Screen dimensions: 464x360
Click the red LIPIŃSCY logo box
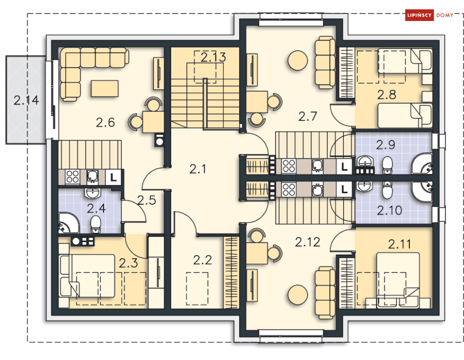[x=419, y=15]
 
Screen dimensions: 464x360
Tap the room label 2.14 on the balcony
[x=26, y=100]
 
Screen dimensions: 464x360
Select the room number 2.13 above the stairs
[x=213, y=57]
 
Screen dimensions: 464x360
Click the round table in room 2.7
[x=298, y=60]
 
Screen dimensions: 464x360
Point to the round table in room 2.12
[x=298, y=295]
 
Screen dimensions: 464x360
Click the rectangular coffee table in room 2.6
[x=105, y=89]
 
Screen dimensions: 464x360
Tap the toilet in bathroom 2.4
[x=96, y=224]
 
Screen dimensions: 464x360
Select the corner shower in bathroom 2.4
[x=69, y=223]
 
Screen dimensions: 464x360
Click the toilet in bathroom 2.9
[x=387, y=165]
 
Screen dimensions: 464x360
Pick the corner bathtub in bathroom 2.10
[x=422, y=192]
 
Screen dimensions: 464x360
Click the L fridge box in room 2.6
[x=113, y=177]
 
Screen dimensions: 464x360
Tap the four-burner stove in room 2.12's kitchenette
[x=289, y=190]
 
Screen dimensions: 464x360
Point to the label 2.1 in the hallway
[x=197, y=169]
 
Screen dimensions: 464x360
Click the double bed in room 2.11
[x=398, y=280]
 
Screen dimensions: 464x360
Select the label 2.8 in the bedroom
[x=387, y=95]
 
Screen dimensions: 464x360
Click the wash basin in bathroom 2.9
[x=365, y=161]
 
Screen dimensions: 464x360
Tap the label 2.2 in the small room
[x=202, y=260]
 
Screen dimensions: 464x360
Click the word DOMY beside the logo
[x=445, y=15]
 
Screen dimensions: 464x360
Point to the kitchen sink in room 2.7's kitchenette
[x=317, y=166]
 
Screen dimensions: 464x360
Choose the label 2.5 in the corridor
[x=146, y=200]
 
